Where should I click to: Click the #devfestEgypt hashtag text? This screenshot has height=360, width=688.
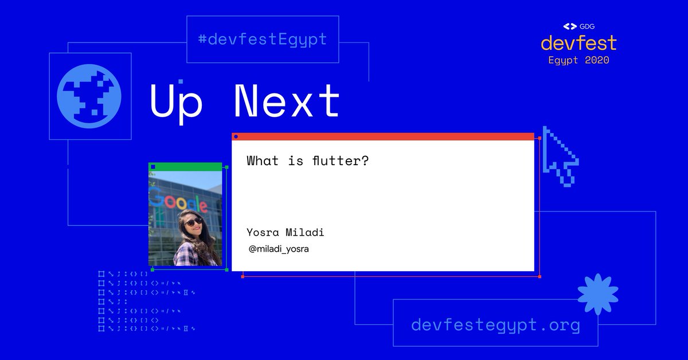tap(262, 40)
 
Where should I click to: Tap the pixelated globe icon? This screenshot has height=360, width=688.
tap(89, 96)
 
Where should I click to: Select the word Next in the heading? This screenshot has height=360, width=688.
tap(287, 101)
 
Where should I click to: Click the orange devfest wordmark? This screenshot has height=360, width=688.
tap(578, 43)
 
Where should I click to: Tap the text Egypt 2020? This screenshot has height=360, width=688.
tap(578, 60)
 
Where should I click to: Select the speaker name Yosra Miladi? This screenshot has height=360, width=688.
tap(285, 232)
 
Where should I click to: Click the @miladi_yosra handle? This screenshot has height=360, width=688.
tap(279, 249)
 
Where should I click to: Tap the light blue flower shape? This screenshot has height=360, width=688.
tap(597, 294)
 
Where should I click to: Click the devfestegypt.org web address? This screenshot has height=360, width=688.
tap(495, 326)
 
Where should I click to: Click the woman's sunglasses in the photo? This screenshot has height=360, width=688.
tap(193, 221)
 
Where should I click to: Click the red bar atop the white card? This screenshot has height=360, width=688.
tap(383, 136)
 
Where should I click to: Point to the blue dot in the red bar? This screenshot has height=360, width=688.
tap(236, 136)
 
